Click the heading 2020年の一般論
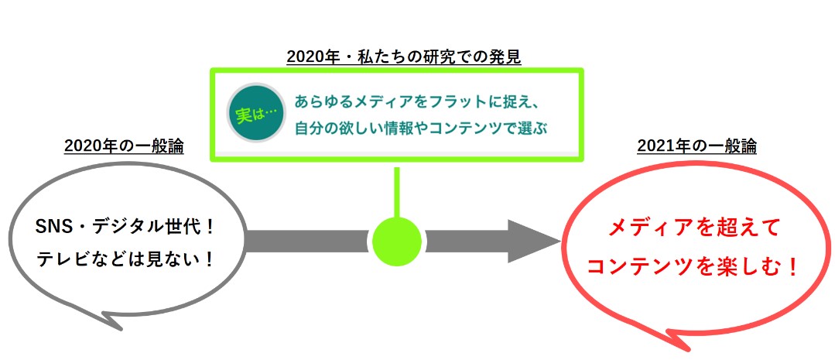click(x=124, y=146)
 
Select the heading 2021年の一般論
click(x=696, y=146)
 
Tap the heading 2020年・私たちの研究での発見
click(x=404, y=57)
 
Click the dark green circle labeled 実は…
click(x=256, y=112)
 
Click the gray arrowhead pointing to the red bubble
click(x=532, y=242)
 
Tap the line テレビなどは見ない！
click(x=125, y=259)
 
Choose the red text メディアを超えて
click(x=693, y=229)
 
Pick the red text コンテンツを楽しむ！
click(x=693, y=267)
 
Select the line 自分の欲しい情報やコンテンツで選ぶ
click(x=421, y=129)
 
